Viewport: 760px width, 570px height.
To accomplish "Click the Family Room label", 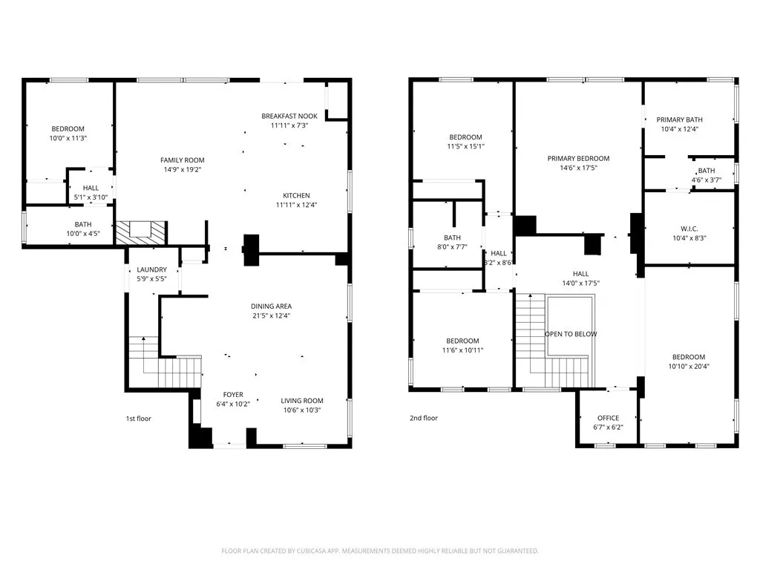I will tap(183, 160).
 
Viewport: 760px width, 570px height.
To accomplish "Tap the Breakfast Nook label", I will tap(289, 116).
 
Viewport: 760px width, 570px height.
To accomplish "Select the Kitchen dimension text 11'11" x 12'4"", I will tap(296, 205).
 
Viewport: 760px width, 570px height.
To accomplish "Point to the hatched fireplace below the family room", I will tap(141, 232).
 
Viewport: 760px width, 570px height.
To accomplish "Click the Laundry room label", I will tap(151, 269).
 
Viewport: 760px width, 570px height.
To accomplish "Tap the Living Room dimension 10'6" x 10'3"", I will tap(302, 410).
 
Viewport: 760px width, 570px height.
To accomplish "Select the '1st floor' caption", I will tap(138, 419).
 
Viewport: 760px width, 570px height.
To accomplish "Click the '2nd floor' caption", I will tap(424, 418).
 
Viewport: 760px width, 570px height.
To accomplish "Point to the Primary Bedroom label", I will tap(578, 158).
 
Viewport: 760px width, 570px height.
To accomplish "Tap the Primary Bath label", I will tap(679, 119).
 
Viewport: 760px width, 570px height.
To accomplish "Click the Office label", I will tap(608, 418).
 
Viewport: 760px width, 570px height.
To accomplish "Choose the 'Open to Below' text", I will tap(571, 334).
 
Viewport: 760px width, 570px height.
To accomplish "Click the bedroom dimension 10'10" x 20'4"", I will tap(689, 366).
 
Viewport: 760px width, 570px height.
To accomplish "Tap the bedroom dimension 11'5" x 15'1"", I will tap(465, 146).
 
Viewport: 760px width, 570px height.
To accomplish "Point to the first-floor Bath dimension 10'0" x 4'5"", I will tap(83, 234).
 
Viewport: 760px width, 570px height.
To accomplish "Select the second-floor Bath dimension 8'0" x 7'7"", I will tap(452, 247).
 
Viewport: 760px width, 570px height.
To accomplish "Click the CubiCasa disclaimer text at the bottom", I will tap(380, 551).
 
